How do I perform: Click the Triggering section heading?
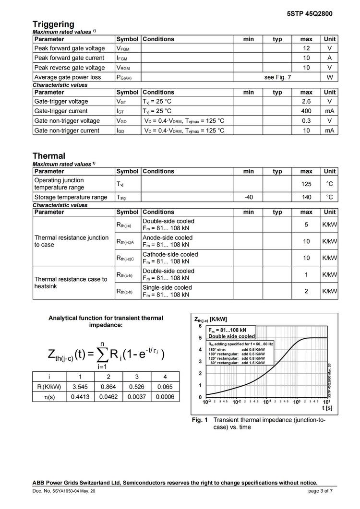(53, 24)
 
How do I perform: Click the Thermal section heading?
(49, 156)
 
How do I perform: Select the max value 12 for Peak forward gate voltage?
(306, 48)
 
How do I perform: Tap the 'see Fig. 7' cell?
(277, 77)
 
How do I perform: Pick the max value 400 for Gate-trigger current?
(306, 111)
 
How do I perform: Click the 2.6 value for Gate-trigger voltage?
(306, 102)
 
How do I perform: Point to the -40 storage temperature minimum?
(249, 197)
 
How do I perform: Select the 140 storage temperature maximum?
(306, 197)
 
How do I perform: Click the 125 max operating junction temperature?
(306, 184)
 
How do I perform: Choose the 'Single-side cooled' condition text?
(167, 288)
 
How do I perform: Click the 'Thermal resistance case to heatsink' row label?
(71, 283)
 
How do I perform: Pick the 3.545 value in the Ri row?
(80, 387)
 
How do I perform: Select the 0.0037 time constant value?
(137, 397)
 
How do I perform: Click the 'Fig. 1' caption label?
(200, 420)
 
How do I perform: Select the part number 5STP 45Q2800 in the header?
(309, 13)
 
